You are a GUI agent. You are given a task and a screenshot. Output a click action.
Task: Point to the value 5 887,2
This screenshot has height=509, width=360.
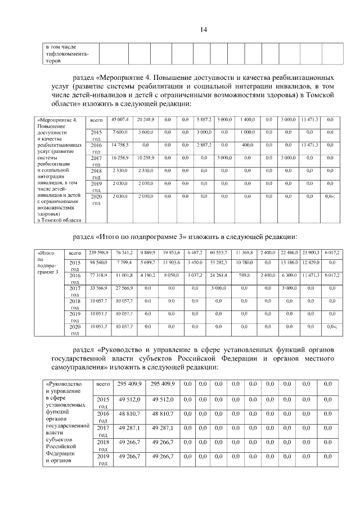(203, 119)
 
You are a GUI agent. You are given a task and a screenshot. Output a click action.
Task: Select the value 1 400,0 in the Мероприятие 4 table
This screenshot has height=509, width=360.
(247, 119)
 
